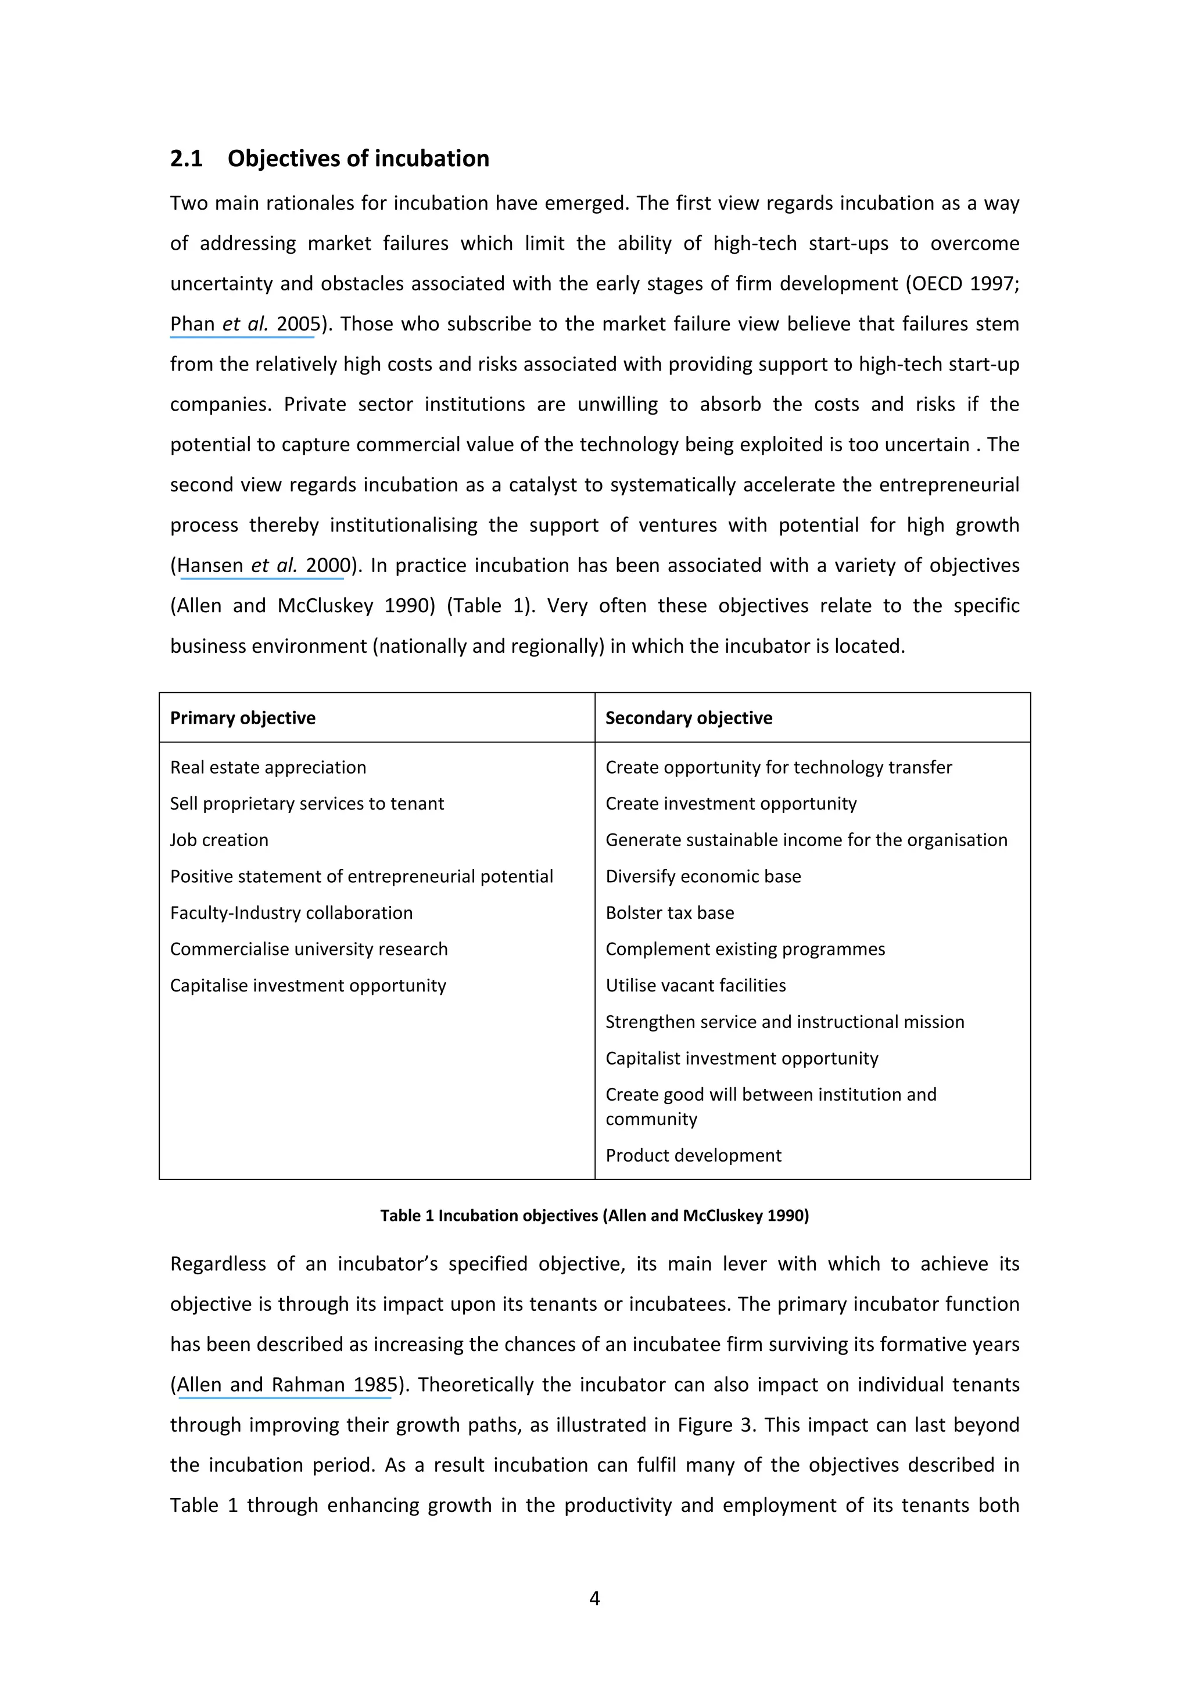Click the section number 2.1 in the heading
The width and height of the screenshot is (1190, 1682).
pyautogui.click(x=186, y=158)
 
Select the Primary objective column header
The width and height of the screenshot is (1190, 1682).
pyautogui.click(x=242, y=718)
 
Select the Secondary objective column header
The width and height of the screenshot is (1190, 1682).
pyautogui.click(x=688, y=718)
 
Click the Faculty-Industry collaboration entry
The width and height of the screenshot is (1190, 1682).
pyautogui.click(x=291, y=913)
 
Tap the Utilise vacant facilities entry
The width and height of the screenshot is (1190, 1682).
pyautogui.click(x=696, y=985)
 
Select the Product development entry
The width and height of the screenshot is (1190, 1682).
pyautogui.click(x=693, y=1155)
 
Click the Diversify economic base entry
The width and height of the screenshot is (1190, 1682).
pyautogui.click(x=702, y=876)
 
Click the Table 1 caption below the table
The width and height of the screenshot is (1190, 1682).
pyautogui.click(x=594, y=1216)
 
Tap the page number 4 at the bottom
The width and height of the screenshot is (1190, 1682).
pyautogui.click(x=594, y=1598)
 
